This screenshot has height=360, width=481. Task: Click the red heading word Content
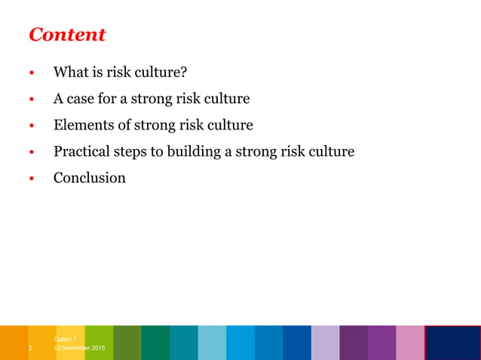(x=66, y=35)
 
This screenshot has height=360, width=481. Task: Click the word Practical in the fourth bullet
(x=83, y=151)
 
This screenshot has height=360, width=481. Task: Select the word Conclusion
(x=89, y=178)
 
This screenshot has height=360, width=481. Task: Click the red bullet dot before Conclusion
(x=32, y=179)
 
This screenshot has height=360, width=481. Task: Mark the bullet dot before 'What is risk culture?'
(x=32, y=74)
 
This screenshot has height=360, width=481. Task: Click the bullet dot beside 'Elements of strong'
(x=32, y=127)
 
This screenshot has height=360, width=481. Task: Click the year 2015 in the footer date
(x=97, y=349)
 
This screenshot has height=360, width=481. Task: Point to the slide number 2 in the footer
(x=30, y=349)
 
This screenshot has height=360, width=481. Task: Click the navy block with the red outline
(x=452, y=343)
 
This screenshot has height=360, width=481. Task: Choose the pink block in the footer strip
(x=409, y=343)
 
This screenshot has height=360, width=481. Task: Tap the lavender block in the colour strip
(x=325, y=343)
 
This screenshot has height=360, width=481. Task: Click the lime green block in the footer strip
(x=99, y=343)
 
